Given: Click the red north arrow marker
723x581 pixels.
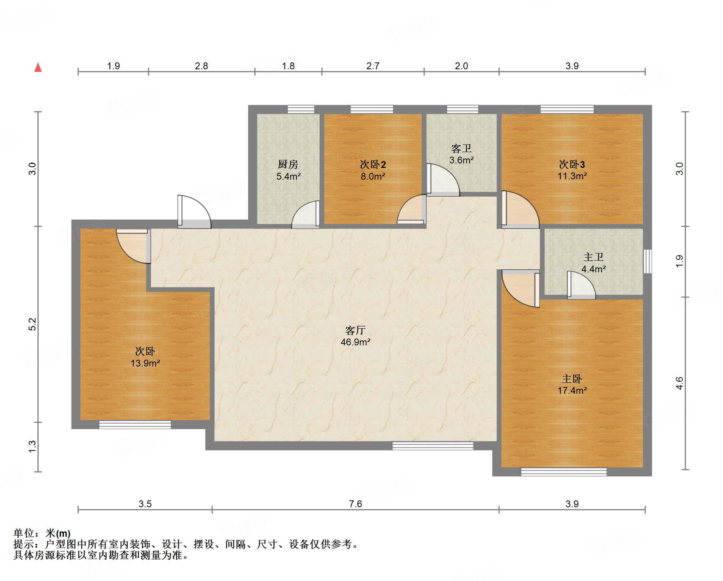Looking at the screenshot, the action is (x=38, y=67).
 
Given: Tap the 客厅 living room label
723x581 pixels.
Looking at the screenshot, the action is (x=355, y=330).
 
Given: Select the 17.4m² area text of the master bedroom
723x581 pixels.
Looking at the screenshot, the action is (x=572, y=390).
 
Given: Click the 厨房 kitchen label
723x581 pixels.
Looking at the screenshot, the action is (x=288, y=164).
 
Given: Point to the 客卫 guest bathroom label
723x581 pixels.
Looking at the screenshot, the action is (x=461, y=148).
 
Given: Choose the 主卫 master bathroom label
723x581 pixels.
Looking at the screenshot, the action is (x=593, y=257).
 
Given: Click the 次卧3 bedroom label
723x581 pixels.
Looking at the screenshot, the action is (x=572, y=164).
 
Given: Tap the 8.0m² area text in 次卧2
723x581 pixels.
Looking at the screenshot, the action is (x=373, y=176).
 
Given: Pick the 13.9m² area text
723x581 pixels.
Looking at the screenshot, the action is (x=145, y=364).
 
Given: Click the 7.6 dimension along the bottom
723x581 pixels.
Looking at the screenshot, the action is (x=355, y=504).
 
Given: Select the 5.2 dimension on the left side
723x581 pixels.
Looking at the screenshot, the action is (x=33, y=324).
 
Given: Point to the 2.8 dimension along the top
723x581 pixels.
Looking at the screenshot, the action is (x=201, y=66).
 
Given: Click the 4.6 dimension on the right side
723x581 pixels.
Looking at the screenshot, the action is (x=680, y=383).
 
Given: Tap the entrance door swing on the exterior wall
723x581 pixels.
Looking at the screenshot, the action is (x=194, y=211).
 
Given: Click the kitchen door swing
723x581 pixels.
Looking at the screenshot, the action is (x=305, y=214).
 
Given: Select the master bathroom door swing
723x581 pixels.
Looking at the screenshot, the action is (x=581, y=285).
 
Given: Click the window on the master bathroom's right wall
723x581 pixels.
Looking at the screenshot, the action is (x=648, y=261).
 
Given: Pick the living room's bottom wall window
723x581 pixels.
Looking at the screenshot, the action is (x=433, y=446).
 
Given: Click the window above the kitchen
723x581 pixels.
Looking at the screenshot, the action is (x=301, y=109).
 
